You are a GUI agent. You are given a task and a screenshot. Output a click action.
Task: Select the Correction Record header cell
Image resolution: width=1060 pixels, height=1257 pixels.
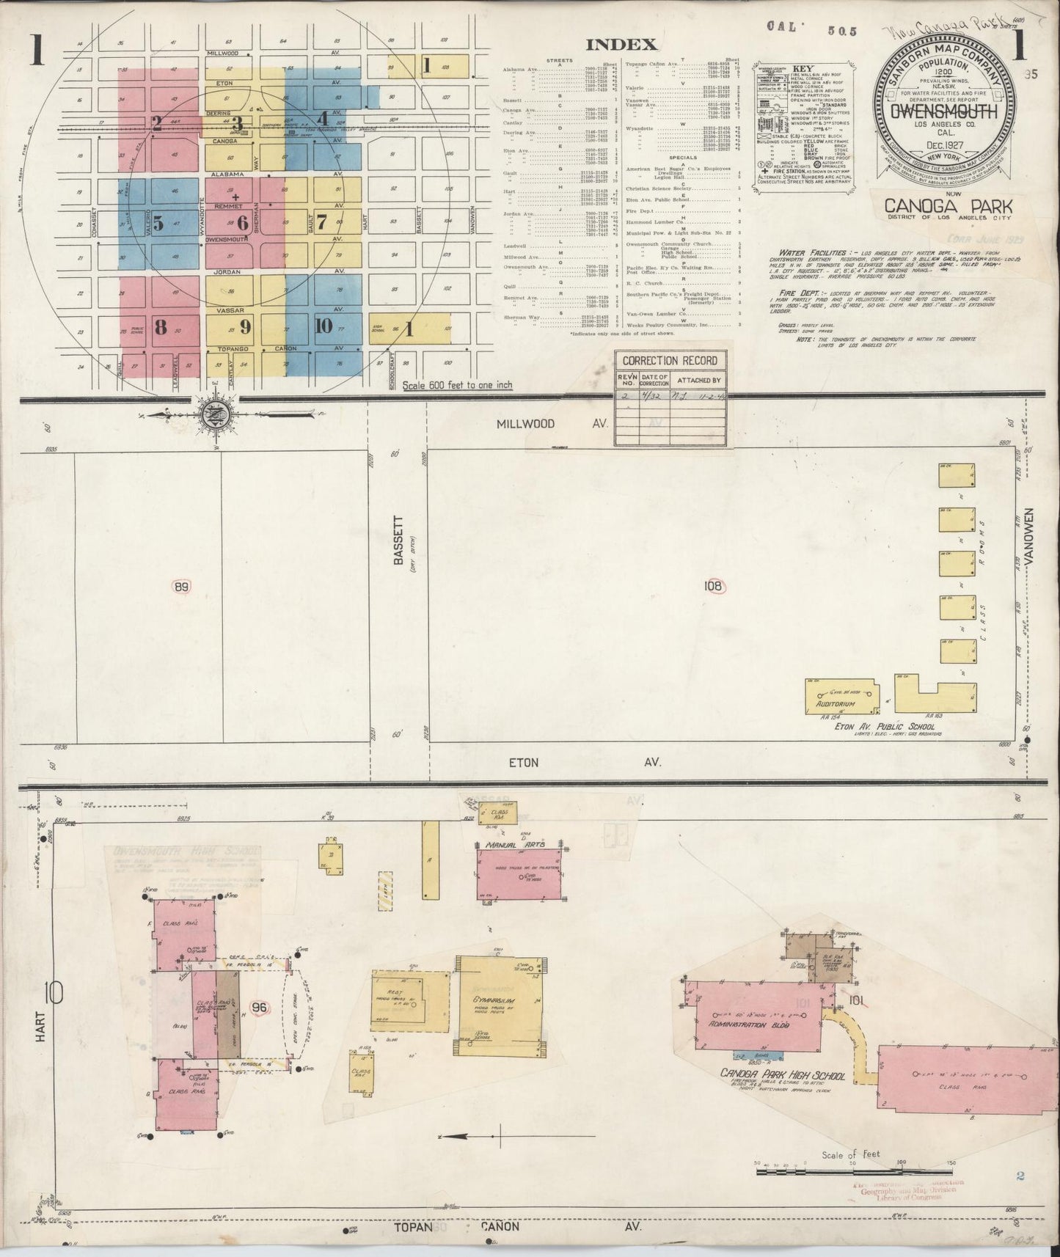pos(670,361)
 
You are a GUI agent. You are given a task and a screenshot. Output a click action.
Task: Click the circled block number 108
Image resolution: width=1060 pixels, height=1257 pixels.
pos(712,586)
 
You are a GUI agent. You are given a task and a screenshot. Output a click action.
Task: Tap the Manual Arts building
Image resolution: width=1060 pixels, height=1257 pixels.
pos(522,873)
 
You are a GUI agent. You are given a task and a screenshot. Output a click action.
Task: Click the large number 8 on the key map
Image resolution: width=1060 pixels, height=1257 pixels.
pos(160,327)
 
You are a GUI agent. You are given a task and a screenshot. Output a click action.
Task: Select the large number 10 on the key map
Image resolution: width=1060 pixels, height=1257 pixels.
pos(324,326)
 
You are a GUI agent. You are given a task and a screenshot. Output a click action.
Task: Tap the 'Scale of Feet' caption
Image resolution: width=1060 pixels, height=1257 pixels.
pos(851,1154)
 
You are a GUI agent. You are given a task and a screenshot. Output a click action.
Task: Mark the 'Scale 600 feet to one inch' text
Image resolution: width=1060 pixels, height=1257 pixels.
pos(457,385)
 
